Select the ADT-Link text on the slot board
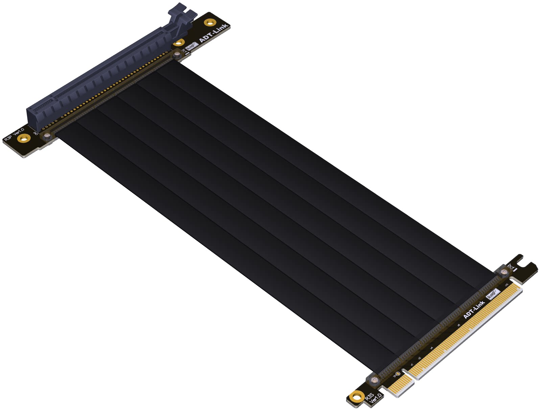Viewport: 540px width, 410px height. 214,33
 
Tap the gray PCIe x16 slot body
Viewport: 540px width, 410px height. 101,78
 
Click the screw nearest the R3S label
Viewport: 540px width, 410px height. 374,381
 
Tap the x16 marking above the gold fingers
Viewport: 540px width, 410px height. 506,285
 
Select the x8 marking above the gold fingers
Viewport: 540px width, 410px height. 459,325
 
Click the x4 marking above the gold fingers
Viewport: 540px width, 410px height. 431,348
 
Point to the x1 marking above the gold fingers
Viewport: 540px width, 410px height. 412,365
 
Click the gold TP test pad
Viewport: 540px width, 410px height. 398,374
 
